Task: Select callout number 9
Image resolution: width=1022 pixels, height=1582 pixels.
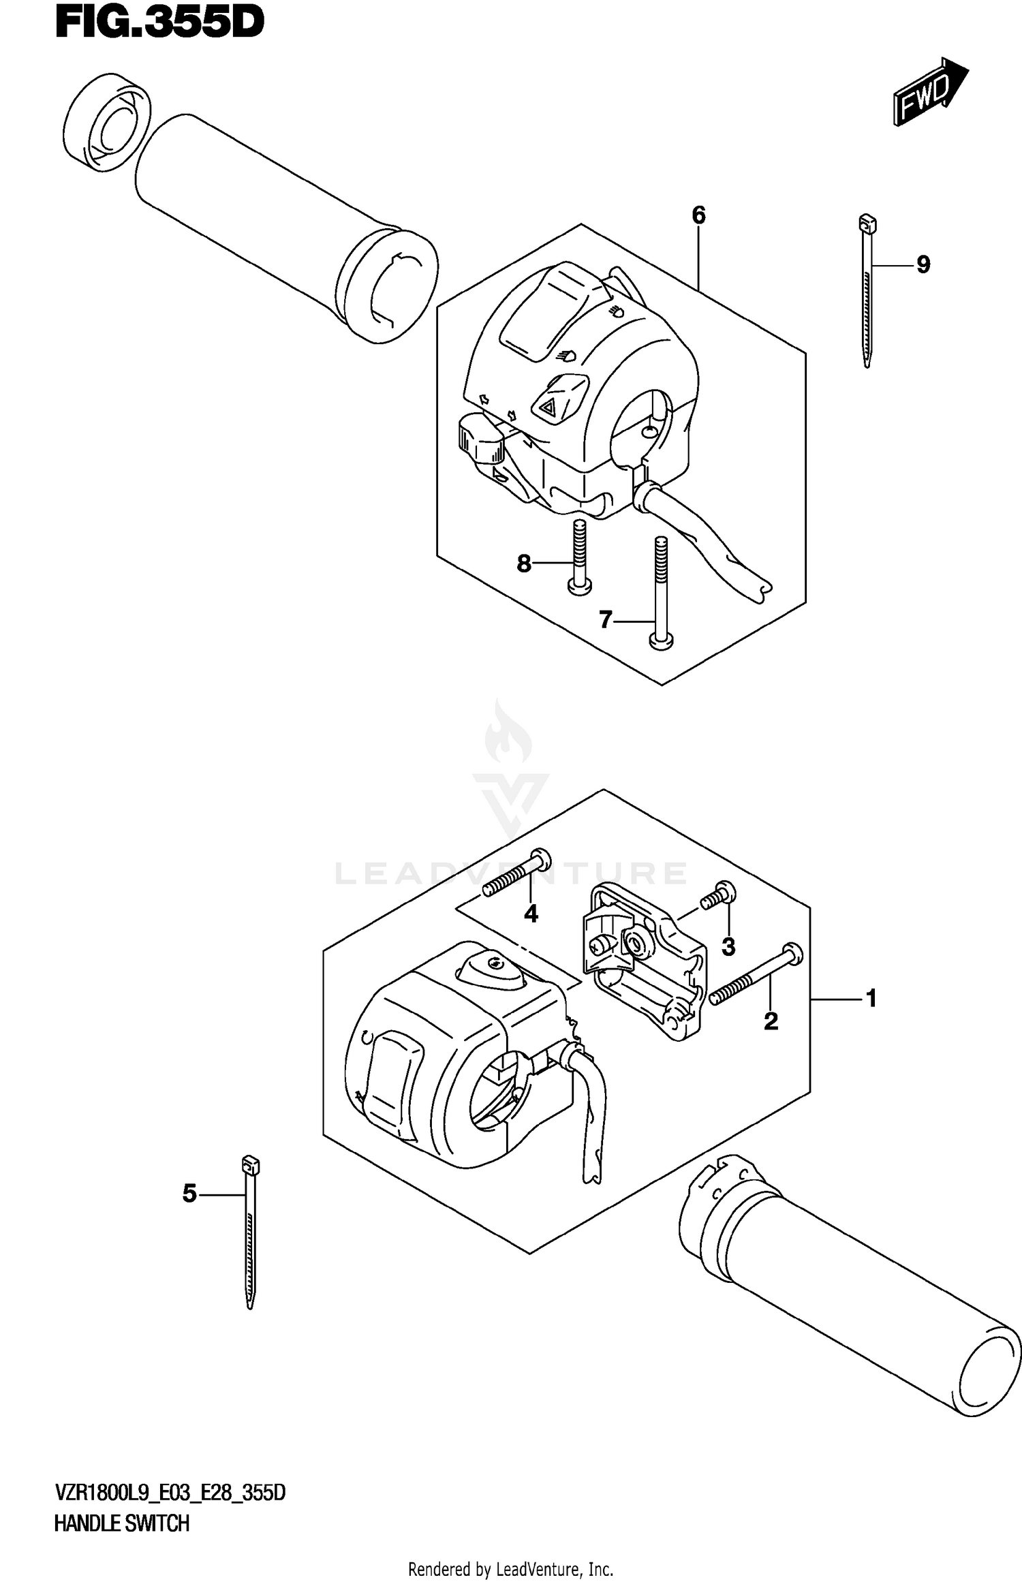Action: [x=923, y=264]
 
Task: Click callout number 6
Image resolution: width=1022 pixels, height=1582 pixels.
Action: [x=698, y=215]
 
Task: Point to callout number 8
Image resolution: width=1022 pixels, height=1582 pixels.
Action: [x=523, y=563]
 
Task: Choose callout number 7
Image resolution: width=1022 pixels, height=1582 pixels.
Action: [x=605, y=620]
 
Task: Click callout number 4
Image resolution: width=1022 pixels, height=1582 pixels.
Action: [x=531, y=914]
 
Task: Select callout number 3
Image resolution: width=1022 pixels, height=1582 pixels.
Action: [x=728, y=946]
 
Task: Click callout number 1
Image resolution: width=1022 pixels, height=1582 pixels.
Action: [x=870, y=999]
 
